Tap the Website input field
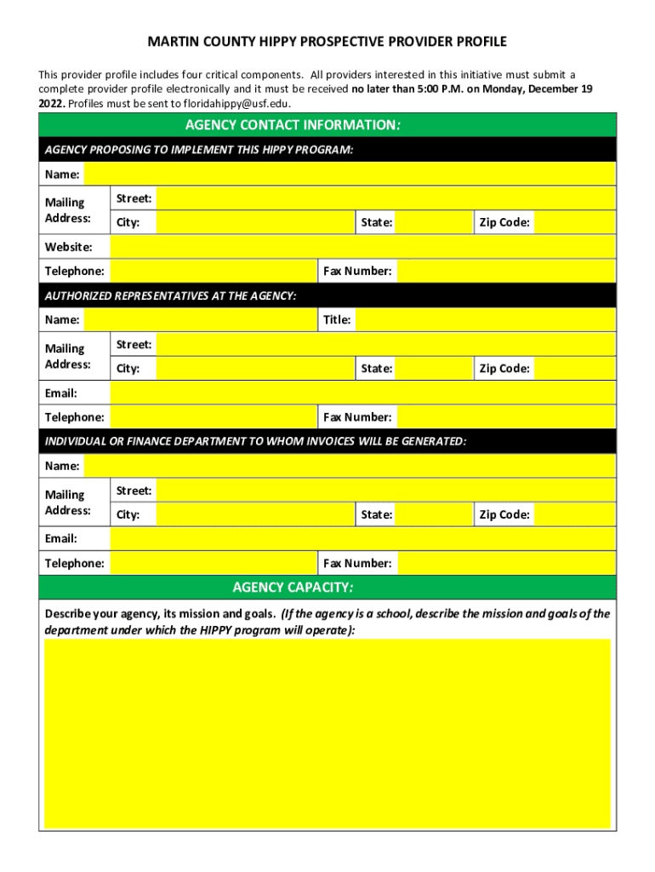[x=362, y=247]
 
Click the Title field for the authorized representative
[x=485, y=320]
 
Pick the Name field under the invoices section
[x=350, y=466]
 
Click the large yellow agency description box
[x=327, y=734]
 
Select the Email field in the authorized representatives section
[x=362, y=393]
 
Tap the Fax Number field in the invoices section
[x=506, y=563]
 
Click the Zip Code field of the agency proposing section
[x=575, y=223]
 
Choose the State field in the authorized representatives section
[x=435, y=369]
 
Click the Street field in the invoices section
[x=386, y=490]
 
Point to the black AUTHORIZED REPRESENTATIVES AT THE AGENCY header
[x=327, y=295]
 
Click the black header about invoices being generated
[x=327, y=441]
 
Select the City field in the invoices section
[x=254, y=514]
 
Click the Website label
[x=68, y=247]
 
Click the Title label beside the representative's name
[x=337, y=320]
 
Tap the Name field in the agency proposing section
[x=350, y=175]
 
